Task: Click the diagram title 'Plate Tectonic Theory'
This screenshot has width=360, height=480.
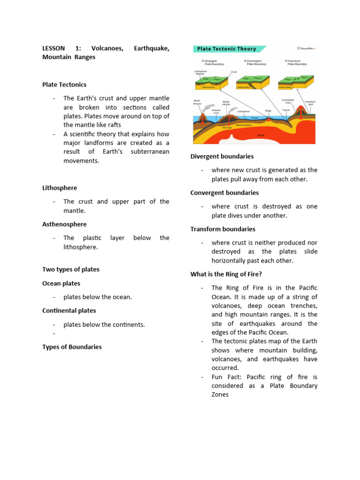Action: click(226, 49)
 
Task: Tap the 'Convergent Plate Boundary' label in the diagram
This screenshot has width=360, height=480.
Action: click(256, 62)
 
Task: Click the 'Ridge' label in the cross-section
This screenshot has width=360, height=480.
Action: click(268, 111)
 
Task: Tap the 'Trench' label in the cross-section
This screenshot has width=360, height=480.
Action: click(286, 110)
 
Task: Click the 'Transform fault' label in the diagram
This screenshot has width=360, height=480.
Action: click(310, 103)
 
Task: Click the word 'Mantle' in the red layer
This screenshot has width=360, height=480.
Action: click(261, 135)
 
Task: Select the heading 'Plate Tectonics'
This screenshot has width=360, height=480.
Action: click(64, 85)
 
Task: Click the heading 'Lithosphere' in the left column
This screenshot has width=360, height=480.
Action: click(60, 188)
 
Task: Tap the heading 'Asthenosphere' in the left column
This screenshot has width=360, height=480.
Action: click(64, 225)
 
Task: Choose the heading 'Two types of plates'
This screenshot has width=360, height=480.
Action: click(71, 270)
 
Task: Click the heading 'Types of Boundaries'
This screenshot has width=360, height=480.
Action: click(72, 347)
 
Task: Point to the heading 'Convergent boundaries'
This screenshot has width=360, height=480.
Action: click(224, 193)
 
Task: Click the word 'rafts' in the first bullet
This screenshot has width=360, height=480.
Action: click(113, 125)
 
